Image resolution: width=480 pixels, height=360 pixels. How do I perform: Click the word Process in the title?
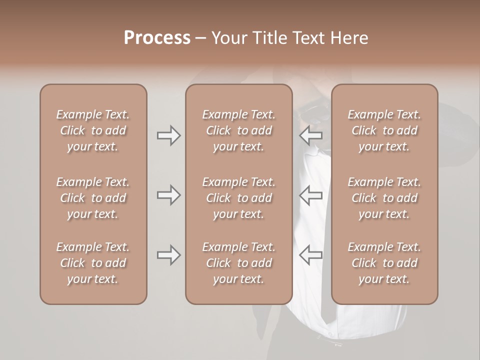click(157, 38)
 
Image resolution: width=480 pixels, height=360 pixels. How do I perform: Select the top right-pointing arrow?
click(168, 135)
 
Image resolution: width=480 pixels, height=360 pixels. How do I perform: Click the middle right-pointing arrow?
click(168, 195)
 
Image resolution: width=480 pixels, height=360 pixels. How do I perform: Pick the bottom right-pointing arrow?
click(168, 255)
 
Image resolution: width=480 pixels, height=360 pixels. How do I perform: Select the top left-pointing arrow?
click(311, 135)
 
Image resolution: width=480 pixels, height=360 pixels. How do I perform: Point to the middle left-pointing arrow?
click(311, 195)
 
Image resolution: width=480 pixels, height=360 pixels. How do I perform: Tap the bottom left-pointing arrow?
click(311, 255)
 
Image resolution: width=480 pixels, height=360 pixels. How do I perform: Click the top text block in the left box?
click(93, 130)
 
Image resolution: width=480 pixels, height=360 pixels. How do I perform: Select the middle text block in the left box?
click(93, 198)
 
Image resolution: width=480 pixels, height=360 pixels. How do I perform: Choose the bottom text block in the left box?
click(93, 263)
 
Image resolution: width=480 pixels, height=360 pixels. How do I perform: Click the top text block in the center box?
click(238, 130)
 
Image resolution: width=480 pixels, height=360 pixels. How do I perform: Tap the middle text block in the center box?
click(238, 198)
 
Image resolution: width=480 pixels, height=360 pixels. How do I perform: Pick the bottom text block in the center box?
click(238, 263)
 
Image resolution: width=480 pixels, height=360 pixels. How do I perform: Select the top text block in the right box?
click(384, 130)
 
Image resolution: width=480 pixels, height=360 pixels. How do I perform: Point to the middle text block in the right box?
click(384, 198)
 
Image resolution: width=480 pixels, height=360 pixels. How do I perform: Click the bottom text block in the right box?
click(384, 263)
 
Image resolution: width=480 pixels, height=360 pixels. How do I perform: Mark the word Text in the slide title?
click(310, 38)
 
